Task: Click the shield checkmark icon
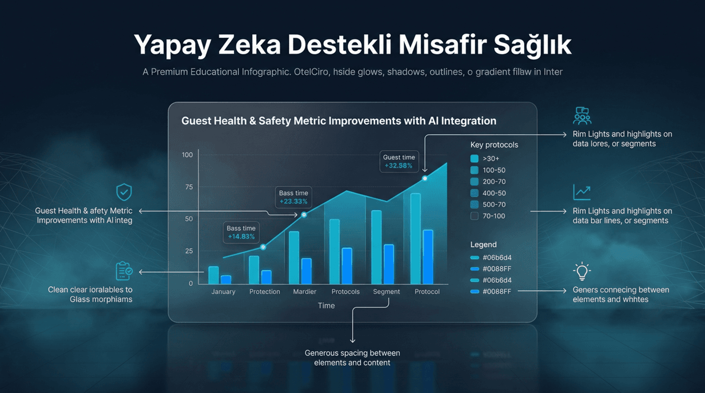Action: click(124, 192)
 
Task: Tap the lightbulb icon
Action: click(582, 271)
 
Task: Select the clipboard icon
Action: click(124, 271)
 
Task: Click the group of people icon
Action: click(582, 116)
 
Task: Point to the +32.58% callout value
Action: click(398, 166)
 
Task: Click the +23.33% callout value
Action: click(293, 201)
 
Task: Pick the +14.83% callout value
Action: click(241, 237)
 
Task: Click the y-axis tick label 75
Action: click(189, 187)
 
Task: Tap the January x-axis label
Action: click(223, 292)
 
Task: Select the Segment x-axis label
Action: click(386, 292)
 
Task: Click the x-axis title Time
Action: click(326, 306)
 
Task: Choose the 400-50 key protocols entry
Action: click(494, 193)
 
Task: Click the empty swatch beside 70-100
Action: click(474, 216)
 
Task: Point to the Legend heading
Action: click(483, 245)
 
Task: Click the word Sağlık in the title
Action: click(532, 45)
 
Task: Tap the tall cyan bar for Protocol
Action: click(415, 239)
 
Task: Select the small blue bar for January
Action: click(226, 280)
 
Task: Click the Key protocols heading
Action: click(494, 145)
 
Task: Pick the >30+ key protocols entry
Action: click(491, 159)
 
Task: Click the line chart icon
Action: click(582, 192)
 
